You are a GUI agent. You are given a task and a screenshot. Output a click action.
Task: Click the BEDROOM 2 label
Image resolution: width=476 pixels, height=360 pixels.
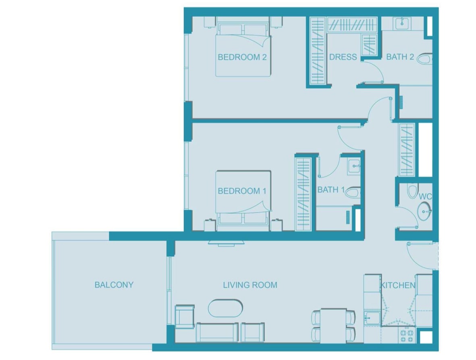(x=242, y=57)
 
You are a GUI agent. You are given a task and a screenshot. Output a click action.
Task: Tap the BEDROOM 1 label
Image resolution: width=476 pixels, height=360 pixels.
(x=242, y=191)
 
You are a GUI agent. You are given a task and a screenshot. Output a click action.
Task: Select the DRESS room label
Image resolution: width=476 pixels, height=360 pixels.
(x=343, y=57)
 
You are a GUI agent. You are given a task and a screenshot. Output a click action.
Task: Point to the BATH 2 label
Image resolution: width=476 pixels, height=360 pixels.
(x=400, y=57)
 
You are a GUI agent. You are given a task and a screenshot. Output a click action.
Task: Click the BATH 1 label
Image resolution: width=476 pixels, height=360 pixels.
(x=331, y=190)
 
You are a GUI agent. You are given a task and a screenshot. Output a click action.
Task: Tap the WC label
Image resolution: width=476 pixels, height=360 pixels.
(x=425, y=197)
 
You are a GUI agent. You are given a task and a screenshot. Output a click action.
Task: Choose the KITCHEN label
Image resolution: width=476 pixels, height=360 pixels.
(x=398, y=285)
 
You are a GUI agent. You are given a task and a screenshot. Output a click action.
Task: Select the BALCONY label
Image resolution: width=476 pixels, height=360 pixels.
(x=114, y=285)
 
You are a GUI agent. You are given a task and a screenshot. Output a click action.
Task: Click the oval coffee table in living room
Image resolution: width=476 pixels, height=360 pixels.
(x=225, y=309)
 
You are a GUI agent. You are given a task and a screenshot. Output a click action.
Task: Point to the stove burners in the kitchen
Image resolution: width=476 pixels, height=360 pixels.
(x=406, y=334)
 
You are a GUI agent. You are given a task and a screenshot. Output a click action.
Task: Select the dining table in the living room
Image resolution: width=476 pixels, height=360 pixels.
(x=334, y=323)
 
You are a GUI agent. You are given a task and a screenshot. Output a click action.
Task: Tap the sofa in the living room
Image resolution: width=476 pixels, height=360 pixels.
(x=217, y=332)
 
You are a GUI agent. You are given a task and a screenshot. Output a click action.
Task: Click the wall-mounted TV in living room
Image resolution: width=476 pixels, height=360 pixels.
(x=227, y=243)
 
